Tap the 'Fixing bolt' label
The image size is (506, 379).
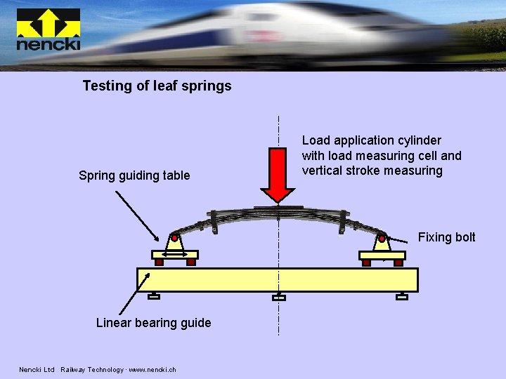tap(446, 237)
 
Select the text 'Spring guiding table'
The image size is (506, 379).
tap(134, 175)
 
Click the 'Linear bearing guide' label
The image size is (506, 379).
tap(153, 323)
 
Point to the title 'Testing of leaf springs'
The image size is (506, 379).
tap(157, 86)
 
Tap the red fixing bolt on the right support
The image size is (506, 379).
tap(382, 239)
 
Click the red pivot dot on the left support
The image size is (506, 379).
tap(174, 238)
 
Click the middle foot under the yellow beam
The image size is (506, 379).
tap(279, 298)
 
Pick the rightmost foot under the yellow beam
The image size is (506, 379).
tap(402, 297)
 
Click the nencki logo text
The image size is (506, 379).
tap(48, 44)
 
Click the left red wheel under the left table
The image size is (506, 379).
tap(159, 262)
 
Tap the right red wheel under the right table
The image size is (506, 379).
tap(398, 262)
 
